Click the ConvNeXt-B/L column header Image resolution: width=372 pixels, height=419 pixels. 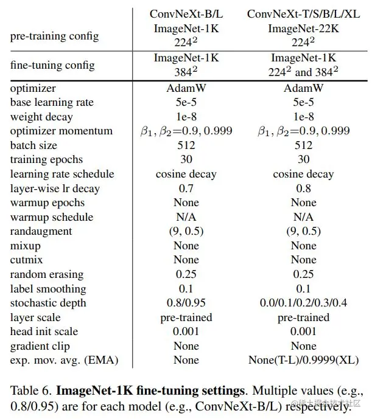tap(186, 13)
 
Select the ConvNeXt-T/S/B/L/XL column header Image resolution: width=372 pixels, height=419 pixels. tap(303, 13)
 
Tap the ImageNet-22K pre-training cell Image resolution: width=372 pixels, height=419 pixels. tap(303, 28)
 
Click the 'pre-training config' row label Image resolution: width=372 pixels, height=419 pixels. tap(55, 36)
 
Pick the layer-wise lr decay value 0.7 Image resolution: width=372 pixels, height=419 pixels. tap(186, 189)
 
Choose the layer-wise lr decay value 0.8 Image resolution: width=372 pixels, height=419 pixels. tap(303, 189)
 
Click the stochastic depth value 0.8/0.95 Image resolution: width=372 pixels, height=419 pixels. tap(186, 303)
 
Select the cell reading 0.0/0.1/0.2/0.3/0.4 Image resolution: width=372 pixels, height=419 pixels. tap(303, 303)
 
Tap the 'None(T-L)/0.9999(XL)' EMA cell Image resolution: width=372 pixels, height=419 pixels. tap(303, 361)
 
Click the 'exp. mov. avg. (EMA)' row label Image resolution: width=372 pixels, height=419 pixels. tap(64, 361)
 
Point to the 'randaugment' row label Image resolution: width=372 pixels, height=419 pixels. tap(41, 232)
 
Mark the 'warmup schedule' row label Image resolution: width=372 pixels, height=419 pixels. tap(52, 217)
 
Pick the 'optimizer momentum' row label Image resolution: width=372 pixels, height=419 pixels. tap(61, 131)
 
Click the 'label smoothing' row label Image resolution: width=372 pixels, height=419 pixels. tap(48, 289)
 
